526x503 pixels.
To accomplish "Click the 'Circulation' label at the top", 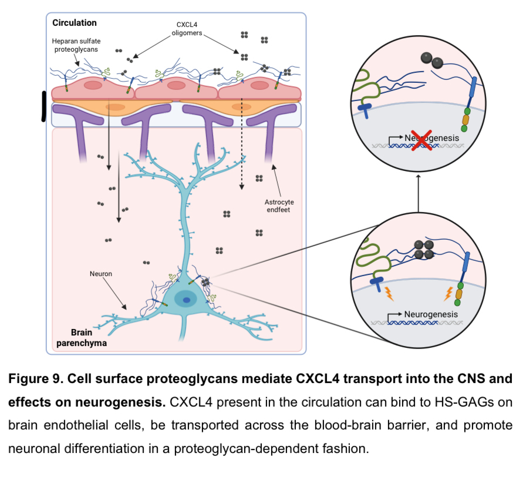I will [75, 23].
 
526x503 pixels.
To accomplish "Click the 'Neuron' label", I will [101, 274].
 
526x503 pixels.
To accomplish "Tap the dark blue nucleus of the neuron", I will [186, 300].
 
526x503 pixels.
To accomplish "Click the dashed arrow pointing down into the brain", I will [241, 147].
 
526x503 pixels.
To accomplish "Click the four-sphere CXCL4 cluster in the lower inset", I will [424, 249].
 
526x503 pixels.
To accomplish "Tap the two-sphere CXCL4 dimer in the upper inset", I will [432, 59].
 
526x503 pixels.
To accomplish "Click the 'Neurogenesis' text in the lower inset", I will [431, 314].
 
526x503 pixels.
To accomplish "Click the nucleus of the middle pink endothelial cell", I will [176, 86].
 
